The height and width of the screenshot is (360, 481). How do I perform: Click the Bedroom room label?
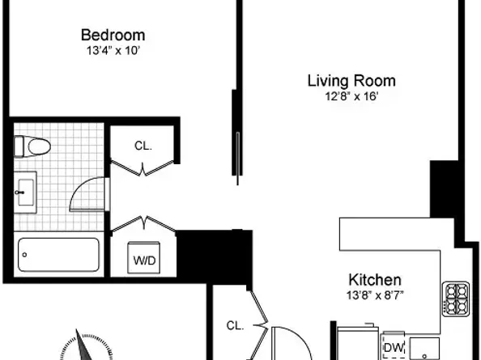[113, 35]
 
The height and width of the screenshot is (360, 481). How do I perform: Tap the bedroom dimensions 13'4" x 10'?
[113, 50]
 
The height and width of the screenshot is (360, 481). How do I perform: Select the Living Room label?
[351, 81]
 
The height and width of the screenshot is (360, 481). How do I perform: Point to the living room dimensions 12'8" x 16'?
[351, 96]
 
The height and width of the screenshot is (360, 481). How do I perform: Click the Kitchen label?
[375, 280]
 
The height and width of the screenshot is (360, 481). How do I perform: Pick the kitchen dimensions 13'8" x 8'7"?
[375, 295]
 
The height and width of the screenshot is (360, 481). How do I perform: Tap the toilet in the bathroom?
[32, 146]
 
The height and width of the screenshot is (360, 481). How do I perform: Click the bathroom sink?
[25, 193]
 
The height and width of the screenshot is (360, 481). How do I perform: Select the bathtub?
[58, 255]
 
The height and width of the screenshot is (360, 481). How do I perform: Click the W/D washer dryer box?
[144, 258]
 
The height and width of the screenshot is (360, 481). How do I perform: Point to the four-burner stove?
[456, 299]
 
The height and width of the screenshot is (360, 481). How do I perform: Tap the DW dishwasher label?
[394, 348]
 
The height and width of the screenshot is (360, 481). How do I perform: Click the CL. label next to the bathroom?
[143, 146]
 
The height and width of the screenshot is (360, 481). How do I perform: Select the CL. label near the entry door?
[235, 325]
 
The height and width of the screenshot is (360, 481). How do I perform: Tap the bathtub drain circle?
[24, 255]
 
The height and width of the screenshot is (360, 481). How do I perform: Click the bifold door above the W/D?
[144, 223]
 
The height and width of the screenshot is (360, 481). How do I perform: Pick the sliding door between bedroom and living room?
[238, 159]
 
